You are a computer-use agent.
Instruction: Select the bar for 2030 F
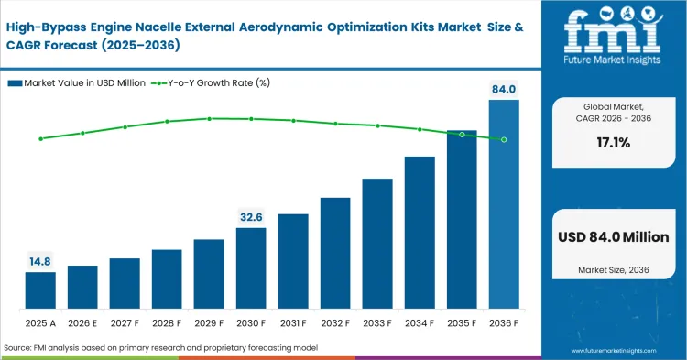click(x=251, y=267)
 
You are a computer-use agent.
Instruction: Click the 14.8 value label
click(x=40, y=261)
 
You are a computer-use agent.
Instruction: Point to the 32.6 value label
click(x=251, y=217)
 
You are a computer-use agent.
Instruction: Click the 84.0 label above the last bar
click(x=504, y=89)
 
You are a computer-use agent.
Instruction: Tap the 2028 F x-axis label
click(x=167, y=324)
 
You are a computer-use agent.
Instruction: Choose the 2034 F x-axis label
click(x=420, y=324)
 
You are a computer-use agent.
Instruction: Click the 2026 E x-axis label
click(x=82, y=324)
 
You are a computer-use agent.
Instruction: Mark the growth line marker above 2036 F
click(x=504, y=139)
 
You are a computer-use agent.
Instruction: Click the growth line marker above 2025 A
click(x=40, y=139)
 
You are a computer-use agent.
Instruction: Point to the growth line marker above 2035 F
click(x=462, y=135)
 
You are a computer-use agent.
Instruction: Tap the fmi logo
click(x=613, y=33)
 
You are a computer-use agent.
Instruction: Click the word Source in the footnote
click(x=19, y=349)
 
